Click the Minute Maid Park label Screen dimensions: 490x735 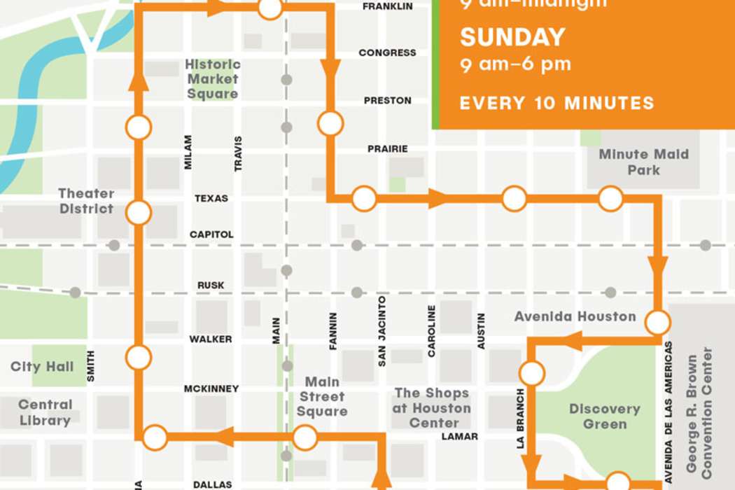pyautogui.click(x=643, y=162)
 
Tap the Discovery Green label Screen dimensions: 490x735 pyautogui.click(x=604, y=416)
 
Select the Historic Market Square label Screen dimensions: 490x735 pyautogui.click(x=213, y=78)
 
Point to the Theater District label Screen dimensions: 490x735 pyautogui.click(x=86, y=201)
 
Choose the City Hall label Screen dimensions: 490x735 pyautogui.click(x=42, y=367)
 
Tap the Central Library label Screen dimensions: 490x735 pyautogui.click(x=45, y=412)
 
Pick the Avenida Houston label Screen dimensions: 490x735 pyautogui.click(x=575, y=316)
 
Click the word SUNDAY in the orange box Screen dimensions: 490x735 pyautogui.click(x=512, y=37)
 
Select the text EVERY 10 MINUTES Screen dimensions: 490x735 pyautogui.click(x=556, y=104)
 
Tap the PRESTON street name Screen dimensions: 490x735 pyautogui.click(x=387, y=101)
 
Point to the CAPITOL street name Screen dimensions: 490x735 pyautogui.click(x=211, y=234)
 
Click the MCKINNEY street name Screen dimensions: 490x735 pyautogui.click(x=211, y=388)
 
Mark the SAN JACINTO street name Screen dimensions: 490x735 pyautogui.click(x=382, y=331)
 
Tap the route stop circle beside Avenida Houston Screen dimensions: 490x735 pyautogui.click(x=657, y=323)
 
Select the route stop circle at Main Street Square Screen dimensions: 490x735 pyautogui.click(x=304, y=439)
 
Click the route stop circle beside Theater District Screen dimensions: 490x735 pyautogui.click(x=139, y=212)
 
